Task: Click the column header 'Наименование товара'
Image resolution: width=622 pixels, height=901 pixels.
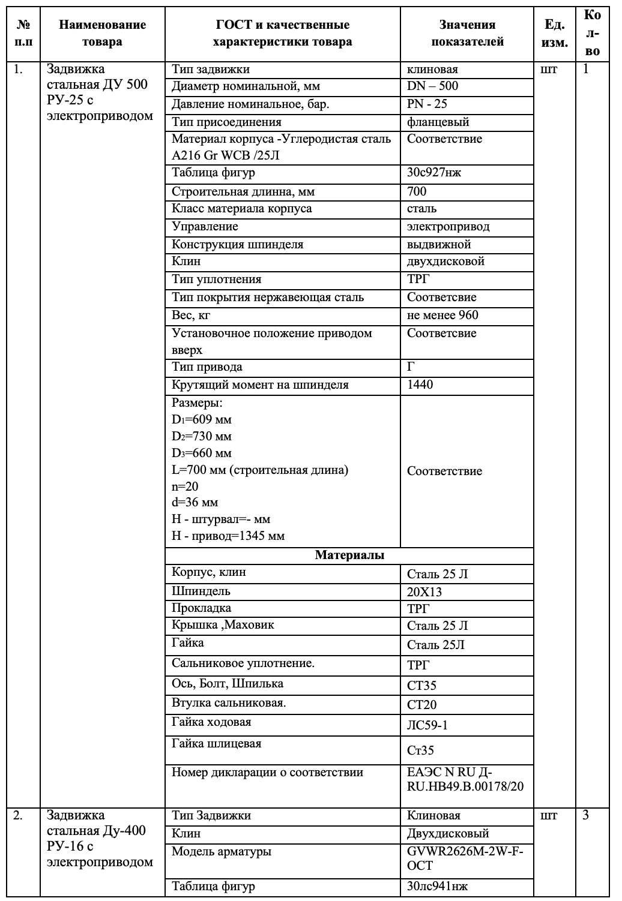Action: (102, 33)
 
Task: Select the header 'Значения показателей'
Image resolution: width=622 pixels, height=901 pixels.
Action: (467, 33)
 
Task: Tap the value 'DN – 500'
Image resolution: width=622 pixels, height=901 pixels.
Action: (432, 86)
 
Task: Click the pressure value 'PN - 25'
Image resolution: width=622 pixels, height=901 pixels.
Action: (427, 104)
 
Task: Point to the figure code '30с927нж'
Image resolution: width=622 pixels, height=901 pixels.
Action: (434, 173)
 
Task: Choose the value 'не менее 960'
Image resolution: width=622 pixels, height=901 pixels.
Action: (442, 316)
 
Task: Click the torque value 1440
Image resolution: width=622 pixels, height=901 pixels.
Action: (420, 385)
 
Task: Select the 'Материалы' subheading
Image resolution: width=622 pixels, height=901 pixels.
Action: (349, 555)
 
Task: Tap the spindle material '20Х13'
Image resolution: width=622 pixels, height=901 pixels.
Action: (424, 592)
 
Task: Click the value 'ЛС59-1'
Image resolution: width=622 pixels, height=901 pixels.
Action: (427, 725)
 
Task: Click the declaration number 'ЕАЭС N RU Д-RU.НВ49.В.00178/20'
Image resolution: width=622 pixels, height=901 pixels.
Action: (465, 779)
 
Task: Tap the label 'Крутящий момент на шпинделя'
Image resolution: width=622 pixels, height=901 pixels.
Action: (260, 385)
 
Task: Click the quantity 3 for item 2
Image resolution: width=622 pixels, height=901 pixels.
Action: (586, 816)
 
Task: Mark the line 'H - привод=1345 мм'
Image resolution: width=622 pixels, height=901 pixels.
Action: (228, 536)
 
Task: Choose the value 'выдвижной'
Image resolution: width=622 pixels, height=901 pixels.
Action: (439, 245)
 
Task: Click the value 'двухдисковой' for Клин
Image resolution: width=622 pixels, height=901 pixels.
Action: (445, 262)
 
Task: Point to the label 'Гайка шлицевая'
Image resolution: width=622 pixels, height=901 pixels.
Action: (217, 744)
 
